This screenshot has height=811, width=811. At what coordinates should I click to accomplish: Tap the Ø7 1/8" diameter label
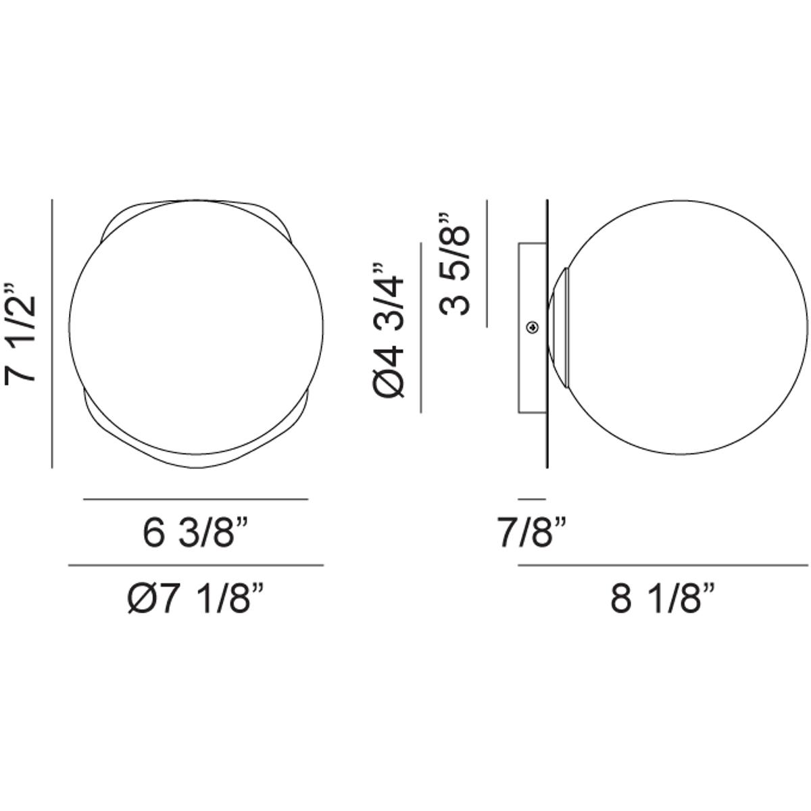195,598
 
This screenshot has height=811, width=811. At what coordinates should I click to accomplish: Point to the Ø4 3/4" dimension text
389,330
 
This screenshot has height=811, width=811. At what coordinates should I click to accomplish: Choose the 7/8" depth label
533,534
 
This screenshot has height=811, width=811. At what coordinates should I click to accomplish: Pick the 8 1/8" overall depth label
662,598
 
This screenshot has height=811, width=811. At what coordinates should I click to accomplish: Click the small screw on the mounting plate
533,326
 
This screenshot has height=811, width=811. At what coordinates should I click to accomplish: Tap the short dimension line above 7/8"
532,499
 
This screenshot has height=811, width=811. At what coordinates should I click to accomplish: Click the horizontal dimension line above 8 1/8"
663,565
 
